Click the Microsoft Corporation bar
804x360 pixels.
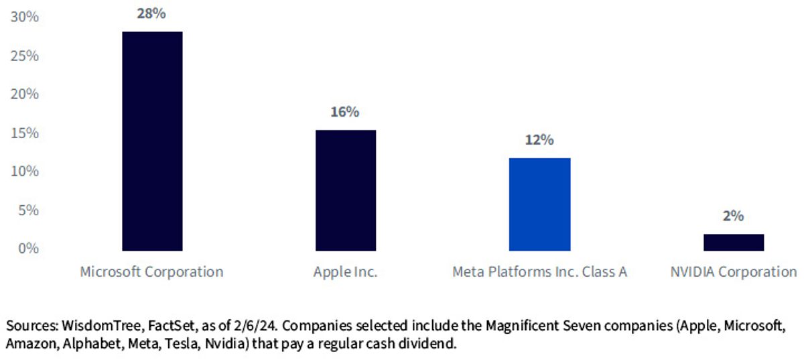tap(152, 141)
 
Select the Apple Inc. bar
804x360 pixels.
tap(346, 190)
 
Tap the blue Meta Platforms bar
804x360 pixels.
tap(539, 204)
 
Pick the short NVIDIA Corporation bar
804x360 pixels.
tap(734, 243)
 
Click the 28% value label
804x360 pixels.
tap(151, 13)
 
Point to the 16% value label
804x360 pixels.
tap(344, 112)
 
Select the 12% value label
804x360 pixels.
tap(539, 139)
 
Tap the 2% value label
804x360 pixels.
tap(733, 216)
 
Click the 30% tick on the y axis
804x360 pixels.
tap(24, 17)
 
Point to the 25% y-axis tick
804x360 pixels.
tap(24, 56)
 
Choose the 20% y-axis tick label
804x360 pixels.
tap(24, 94)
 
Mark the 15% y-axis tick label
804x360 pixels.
tap(24, 133)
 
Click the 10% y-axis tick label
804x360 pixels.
tap(24, 172)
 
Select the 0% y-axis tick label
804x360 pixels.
tap(28, 248)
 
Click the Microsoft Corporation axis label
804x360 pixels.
tap(151, 272)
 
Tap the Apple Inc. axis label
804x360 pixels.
tap(345, 272)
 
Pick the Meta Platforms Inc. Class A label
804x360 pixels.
tap(539, 272)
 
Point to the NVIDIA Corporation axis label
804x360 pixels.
tap(734, 272)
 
